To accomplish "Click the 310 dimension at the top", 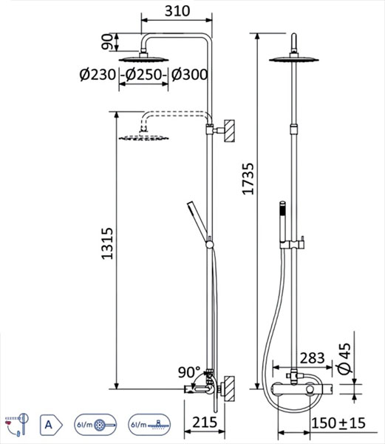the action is point(177,11).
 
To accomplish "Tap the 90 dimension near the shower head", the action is point(107,42).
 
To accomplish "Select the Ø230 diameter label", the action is point(98,75).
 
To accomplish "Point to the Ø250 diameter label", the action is point(144,75).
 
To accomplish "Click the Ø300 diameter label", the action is point(190,75).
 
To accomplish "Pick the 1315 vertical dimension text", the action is point(107,243).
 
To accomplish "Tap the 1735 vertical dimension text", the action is point(248,179).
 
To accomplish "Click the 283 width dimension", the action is point(312,358).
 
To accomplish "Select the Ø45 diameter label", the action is point(344,359).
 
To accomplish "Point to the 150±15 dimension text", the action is point(338,423).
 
